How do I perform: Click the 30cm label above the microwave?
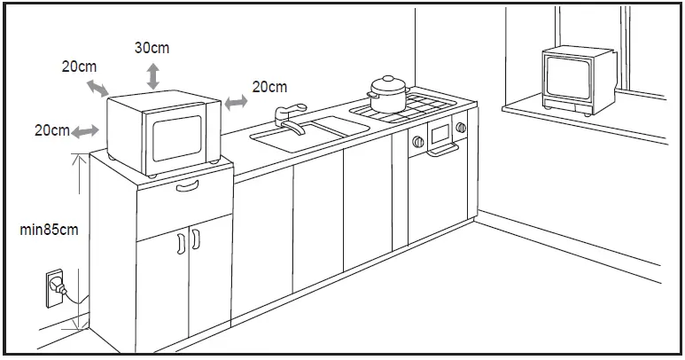[x=152, y=48]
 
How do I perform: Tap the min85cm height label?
[x=49, y=230]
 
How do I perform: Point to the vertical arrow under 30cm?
[x=153, y=75]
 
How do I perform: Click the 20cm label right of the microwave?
[x=269, y=87]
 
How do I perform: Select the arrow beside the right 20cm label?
[x=236, y=103]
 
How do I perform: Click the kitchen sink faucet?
[x=289, y=118]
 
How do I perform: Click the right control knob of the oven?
[x=461, y=128]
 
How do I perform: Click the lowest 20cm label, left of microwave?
[x=52, y=130]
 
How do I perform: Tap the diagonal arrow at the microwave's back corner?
[x=97, y=87]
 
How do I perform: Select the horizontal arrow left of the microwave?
[x=85, y=131]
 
